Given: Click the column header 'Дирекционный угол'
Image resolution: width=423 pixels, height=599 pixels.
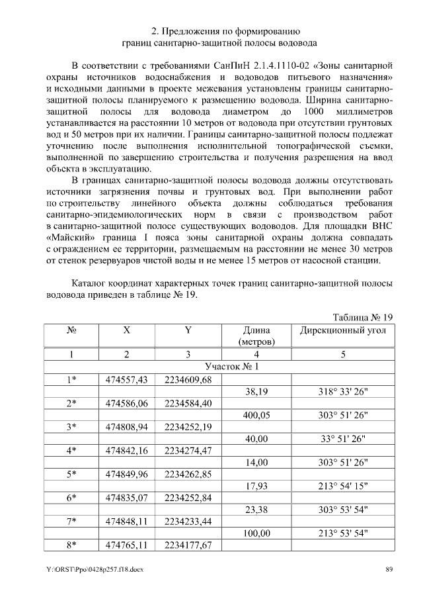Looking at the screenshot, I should [343, 330].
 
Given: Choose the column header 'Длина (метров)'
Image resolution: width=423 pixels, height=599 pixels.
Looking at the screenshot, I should [256, 336].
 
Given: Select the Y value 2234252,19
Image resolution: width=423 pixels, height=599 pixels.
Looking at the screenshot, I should [188, 427].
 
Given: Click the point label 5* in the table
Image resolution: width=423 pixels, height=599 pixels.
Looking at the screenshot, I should [72, 474].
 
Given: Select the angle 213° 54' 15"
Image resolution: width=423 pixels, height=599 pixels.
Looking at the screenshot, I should [343, 486].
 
